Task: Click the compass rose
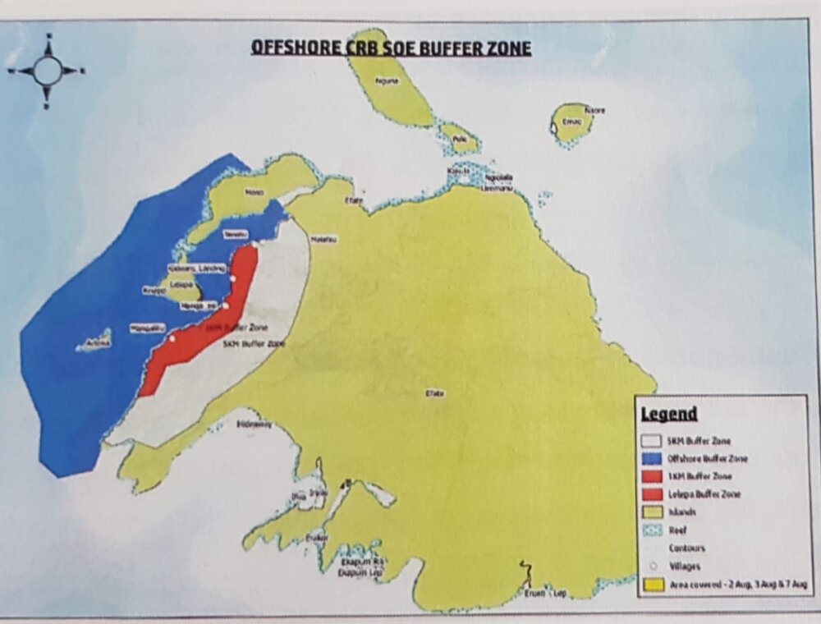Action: [47, 71]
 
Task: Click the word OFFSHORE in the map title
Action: [288, 48]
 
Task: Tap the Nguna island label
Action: [385, 81]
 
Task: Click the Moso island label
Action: [255, 192]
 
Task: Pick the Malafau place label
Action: [324, 239]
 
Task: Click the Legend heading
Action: [669, 414]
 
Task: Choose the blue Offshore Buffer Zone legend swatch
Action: [654, 458]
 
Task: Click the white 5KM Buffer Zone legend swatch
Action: [654, 441]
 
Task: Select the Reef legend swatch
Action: [654, 530]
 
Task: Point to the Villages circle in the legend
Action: [654, 566]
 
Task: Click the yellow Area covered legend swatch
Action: [654, 585]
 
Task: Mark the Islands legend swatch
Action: [654, 512]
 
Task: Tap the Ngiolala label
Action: [498, 177]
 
